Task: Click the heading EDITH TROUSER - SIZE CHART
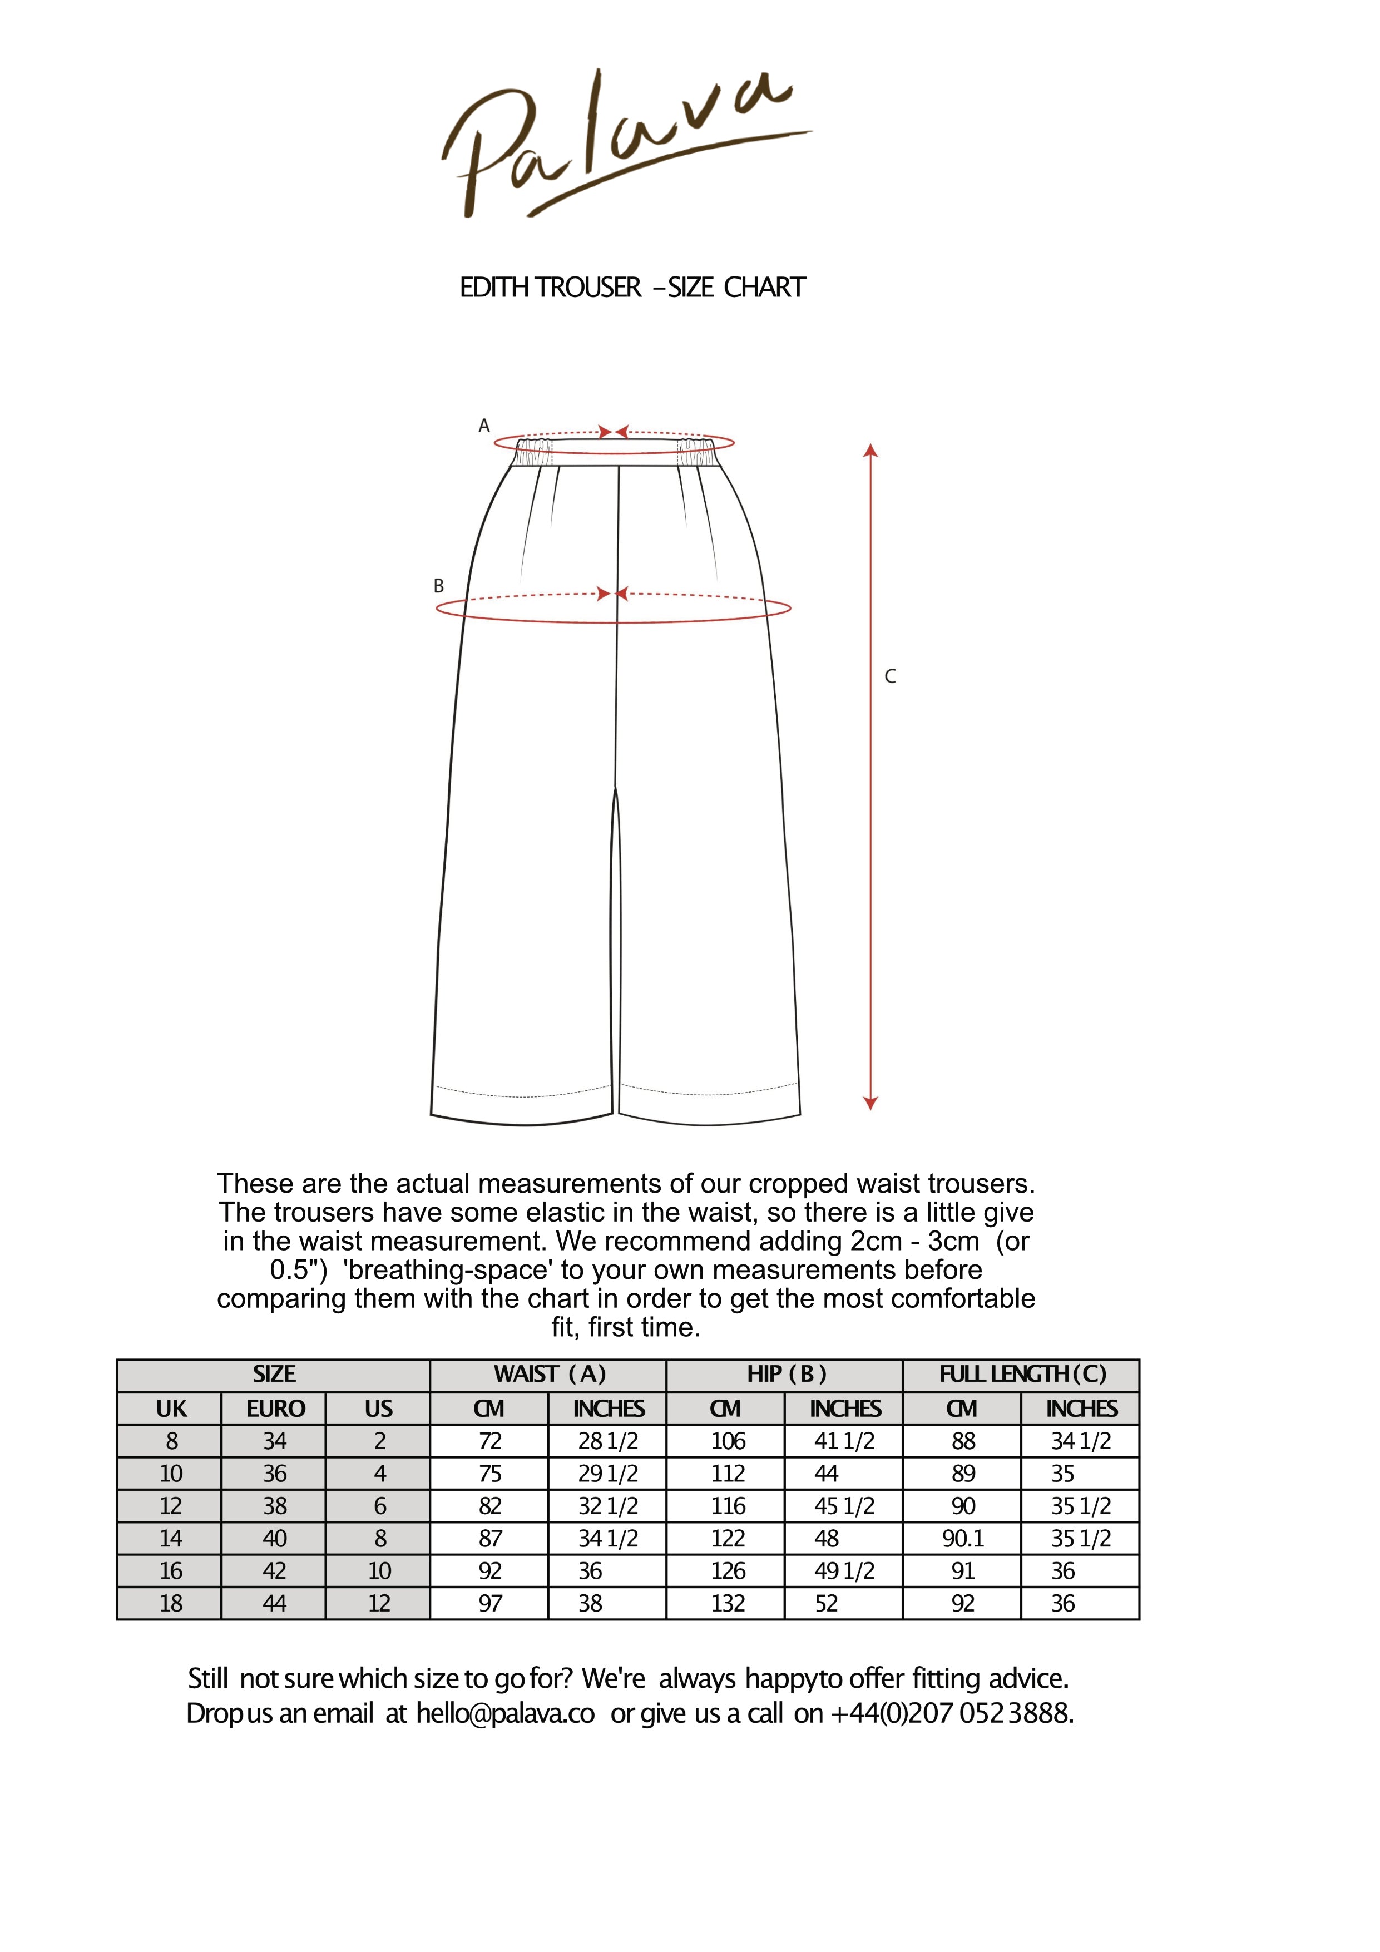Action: tap(632, 288)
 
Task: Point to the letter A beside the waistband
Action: tap(484, 426)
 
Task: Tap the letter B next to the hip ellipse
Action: tap(439, 586)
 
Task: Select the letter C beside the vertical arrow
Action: tap(890, 677)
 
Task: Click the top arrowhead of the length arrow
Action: tap(870, 451)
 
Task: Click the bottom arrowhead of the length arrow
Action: tap(870, 1104)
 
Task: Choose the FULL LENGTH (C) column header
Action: tap(1022, 1375)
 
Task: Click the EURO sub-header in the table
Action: tap(275, 1409)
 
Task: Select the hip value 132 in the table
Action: tap(728, 1603)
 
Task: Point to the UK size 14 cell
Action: tap(171, 1538)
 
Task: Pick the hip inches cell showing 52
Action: tap(827, 1603)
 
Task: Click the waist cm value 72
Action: tap(490, 1441)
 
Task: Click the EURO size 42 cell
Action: tap(275, 1570)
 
